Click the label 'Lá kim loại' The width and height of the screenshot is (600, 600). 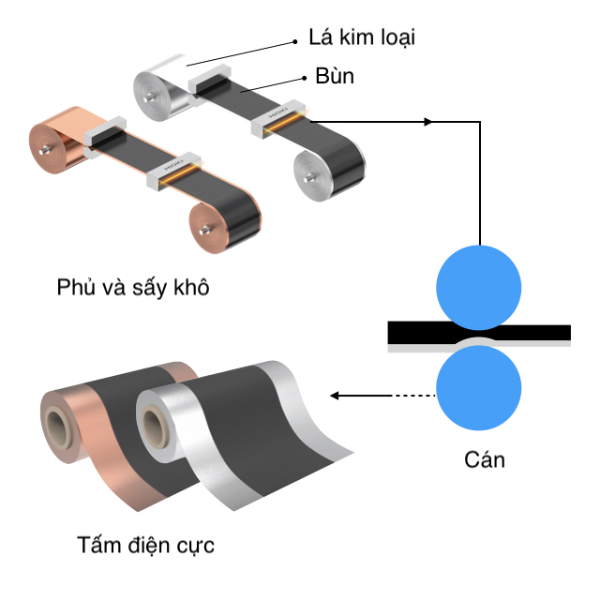[x=362, y=37]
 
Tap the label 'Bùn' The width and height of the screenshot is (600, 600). [x=335, y=76]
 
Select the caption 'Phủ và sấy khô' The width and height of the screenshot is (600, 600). [x=133, y=287]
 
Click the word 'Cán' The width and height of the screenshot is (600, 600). [x=485, y=459]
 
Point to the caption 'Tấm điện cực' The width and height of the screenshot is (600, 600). [x=145, y=545]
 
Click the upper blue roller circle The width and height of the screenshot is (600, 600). [x=479, y=288]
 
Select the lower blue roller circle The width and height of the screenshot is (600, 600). [x=479, y=387]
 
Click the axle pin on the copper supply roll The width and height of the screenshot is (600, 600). [x=45, y=150]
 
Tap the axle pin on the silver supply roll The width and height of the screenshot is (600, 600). [x=149, y=98]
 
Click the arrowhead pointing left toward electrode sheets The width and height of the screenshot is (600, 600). [x=334, y=396]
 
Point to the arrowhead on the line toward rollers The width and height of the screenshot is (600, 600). [x=428, y=122]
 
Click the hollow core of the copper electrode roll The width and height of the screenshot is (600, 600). [x=56, y=427]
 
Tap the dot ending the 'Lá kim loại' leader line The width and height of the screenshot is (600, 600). [x=295, y=41]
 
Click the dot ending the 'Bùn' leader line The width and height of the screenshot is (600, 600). [x=304, y=78]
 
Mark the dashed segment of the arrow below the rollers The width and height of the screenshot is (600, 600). [x=414, y=396]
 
